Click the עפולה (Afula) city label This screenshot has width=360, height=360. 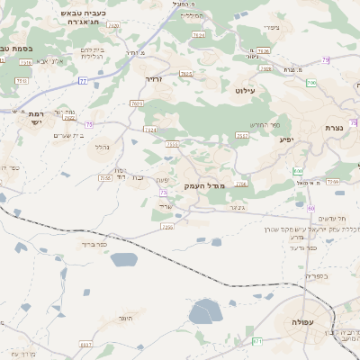click(297, 322)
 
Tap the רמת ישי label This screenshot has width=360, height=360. click(37, 119)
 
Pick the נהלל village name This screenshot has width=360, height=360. click(103, 147)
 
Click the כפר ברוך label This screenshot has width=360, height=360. click(94, 243)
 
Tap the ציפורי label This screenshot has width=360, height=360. click(270, 27)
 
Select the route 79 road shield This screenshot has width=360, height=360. click(326, 60)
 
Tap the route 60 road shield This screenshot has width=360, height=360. click(311, 208)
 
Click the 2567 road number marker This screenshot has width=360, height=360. click(242, 135)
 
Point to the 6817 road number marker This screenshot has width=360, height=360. click(85, 345)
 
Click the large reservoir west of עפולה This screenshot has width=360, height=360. click(205, 311)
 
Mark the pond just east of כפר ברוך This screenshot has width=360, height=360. click(124, 259)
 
